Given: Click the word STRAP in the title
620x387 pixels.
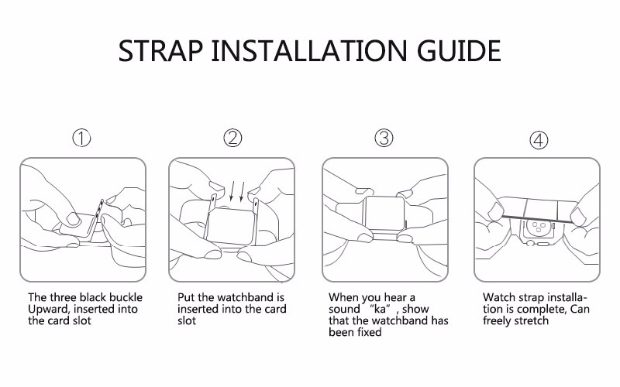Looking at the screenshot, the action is click(160, 50).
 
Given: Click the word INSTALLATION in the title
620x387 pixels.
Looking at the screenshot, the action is click(309, 50).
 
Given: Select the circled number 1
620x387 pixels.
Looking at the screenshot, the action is click(81, 139).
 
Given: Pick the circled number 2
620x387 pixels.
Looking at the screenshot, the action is click(232, 138).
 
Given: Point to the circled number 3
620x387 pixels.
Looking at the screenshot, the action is click(384, 138).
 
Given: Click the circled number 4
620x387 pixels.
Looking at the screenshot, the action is click(539, 140).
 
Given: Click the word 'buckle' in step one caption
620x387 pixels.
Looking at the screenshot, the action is click(126, 297).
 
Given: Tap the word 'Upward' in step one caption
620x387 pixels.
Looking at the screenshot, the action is click(49, 309).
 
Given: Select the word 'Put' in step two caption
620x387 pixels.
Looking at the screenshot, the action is click(186, 297).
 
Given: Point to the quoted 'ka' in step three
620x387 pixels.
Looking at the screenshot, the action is click(380, 309).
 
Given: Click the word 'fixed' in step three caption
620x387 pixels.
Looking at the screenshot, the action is click(370, 332).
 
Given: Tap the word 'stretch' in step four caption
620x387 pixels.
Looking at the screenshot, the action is click(531, 320).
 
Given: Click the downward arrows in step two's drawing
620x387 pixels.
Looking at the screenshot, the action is click(237, 190).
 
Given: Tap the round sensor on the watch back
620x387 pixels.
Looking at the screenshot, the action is click(539, 227).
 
